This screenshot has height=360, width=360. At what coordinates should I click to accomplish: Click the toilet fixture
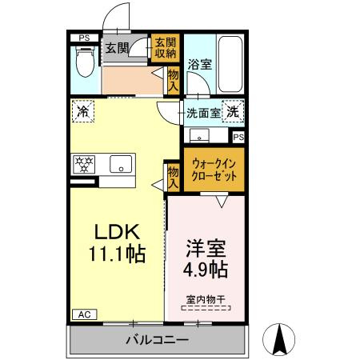click(x=86, y=62)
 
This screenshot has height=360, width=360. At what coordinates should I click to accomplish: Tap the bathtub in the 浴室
click(x=230, y=64)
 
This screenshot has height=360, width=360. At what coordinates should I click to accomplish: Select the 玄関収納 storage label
click(x=166, y=48)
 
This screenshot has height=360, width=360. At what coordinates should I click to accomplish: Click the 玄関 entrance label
click(x=117, y=48)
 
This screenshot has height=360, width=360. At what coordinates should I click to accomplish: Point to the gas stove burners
click(x=84, y=164)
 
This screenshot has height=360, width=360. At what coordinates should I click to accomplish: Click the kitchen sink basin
click(x=121, y=164)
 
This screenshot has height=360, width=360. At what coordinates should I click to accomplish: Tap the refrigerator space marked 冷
click(x=83, y=111)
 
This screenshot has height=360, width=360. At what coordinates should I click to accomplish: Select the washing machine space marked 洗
click(x=233, y=111)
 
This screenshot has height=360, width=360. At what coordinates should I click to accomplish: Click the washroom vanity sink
click(x=199, y=135)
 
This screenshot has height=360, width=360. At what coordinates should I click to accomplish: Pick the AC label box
click(x=85, y=314)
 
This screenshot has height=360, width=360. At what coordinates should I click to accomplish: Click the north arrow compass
click(x=278, y=339)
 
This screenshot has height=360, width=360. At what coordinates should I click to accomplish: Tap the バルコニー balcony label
click(x=158, y=340)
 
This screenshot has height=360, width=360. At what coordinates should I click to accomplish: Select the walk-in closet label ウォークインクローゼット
click(x=214, y=170)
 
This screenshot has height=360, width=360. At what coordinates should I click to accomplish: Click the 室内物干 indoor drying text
click(x=206, y=300)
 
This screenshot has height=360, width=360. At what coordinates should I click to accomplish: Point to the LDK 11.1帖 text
click(x=118, y=242)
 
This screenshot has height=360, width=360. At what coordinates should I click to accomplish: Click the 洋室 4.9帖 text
click(x=206, y=258)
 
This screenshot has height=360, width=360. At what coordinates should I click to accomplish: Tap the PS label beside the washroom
click(x=238, y=138)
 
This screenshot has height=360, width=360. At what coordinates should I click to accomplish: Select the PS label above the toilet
click(x=84, y=38)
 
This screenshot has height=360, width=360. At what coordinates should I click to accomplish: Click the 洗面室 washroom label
click(x=203, y=114)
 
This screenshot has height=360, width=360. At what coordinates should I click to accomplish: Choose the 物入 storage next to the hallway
click(x=173, y=80)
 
